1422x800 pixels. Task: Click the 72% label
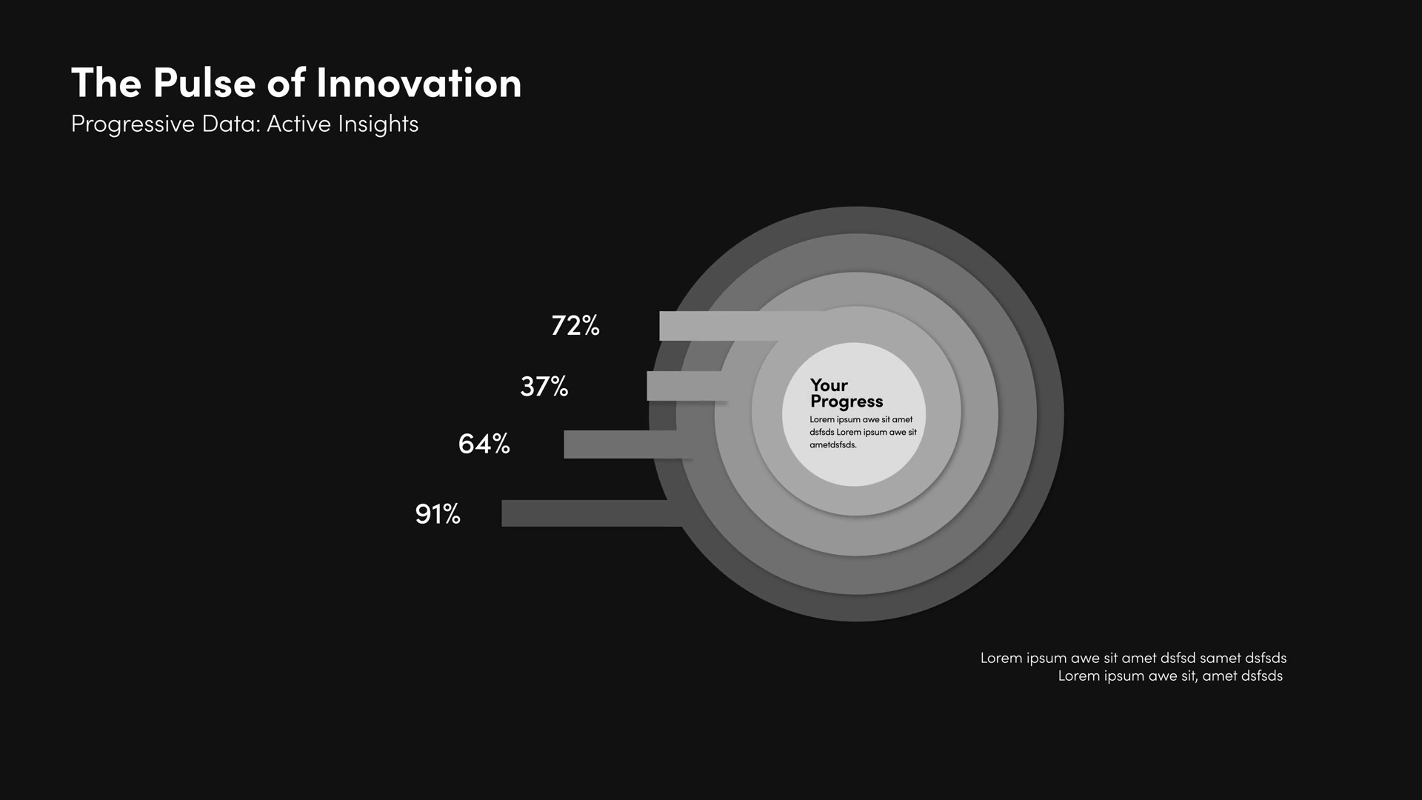(575, 325)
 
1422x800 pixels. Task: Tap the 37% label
(544, 386)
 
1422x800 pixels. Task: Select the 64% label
(484, 444)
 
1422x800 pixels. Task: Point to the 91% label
(438, 513)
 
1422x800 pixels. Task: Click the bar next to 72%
(741, 326)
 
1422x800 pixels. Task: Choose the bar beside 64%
(628, 444)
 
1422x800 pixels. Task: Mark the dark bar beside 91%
(592, 513)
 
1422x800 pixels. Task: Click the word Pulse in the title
(204, 82)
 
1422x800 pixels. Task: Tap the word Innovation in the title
(419, 82)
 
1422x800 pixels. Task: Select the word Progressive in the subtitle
(133, 124)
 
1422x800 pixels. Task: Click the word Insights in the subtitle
(378, 124)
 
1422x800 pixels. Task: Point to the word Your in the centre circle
(829, 385)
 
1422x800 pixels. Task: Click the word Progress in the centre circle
(847, 402)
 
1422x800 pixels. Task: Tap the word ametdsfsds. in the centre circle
(833, 445)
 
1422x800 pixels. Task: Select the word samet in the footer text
(1221, 658)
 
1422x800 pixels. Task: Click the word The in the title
(106, 82)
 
